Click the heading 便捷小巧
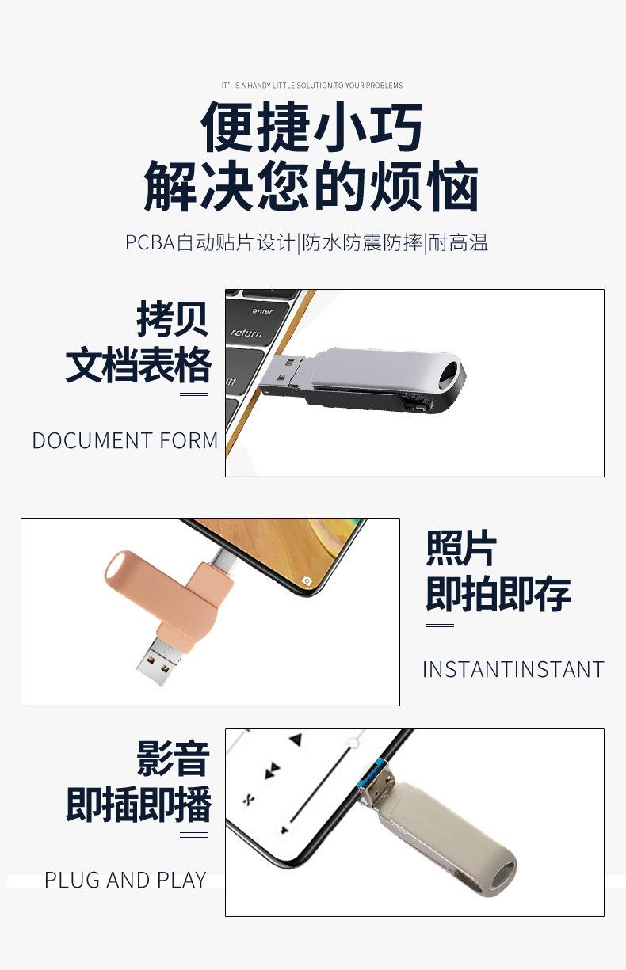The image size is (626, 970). click(312, 127)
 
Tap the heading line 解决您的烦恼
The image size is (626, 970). click(312, 188)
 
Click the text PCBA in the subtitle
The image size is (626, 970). click(149, 242)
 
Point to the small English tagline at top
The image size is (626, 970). click(312, 86)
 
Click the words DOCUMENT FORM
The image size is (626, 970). click(125, 440)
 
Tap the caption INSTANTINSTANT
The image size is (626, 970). click(513, 669)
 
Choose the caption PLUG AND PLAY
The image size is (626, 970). click(125, 880)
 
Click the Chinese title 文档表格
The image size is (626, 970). click(139, 365)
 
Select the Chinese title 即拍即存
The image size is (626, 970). click(498, 594)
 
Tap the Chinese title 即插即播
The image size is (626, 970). click(139, 805)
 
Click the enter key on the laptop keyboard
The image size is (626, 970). click(262, 311)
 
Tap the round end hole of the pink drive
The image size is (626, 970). click(116, 569)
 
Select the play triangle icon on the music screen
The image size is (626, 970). click(296, 740)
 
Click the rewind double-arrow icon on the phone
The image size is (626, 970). click(273, 769)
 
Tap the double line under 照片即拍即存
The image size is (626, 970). click(439, 624)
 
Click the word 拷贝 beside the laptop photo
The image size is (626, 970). click(172, 319)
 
